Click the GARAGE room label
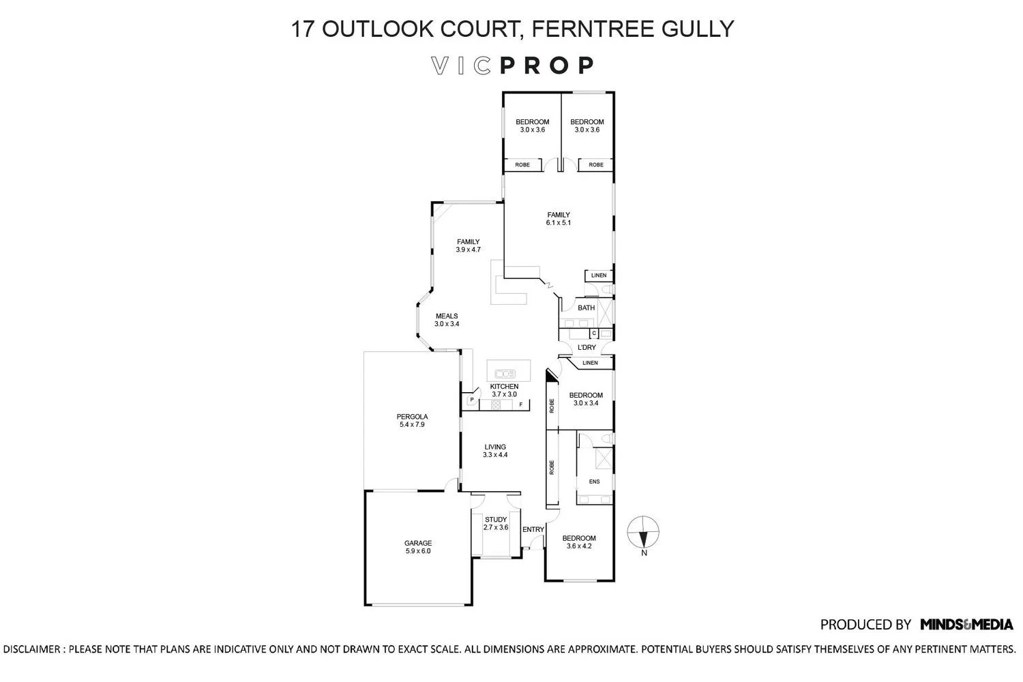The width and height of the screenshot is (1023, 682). click(417, 547)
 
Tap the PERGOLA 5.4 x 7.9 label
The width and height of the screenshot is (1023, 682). click(412, 420)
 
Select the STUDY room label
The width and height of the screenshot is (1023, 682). click(496, 523)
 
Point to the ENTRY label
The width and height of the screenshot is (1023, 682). click(533, 529)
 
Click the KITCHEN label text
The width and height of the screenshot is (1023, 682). click(504, 387)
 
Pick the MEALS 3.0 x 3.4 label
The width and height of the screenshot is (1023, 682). click(447, 320)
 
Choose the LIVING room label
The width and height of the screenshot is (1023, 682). click(495, 450)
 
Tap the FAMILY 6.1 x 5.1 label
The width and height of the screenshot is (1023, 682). click(559, 218)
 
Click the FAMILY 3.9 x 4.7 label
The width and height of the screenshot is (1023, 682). click(468, 246)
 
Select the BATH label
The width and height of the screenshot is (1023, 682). click(586, 308)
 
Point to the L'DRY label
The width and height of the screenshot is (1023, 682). click(587, 347)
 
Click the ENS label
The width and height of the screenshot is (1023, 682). click(594, 481)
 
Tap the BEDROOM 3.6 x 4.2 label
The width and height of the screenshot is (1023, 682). click(578, 542)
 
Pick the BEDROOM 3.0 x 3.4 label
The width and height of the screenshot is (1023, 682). click(585, 399)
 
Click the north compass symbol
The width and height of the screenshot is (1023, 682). click(643, 535)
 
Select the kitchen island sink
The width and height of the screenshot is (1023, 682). click(505, 374)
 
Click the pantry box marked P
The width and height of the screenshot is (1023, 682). click(472, 399)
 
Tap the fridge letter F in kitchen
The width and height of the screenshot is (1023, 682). click(520, 404)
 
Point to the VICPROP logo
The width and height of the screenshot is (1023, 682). click(512, 65)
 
